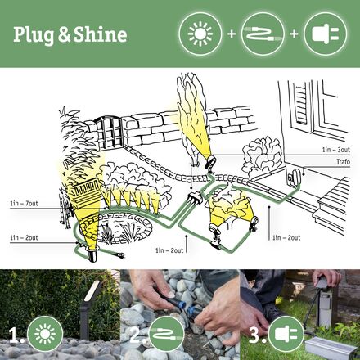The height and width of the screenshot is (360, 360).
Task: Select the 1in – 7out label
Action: click(x=25, y=202)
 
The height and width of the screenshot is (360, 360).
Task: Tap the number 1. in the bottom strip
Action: click(x=14, y=335)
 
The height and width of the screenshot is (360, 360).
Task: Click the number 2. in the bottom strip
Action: click(x=134, y=335)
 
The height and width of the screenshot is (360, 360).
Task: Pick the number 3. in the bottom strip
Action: click(x=254, y=335)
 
